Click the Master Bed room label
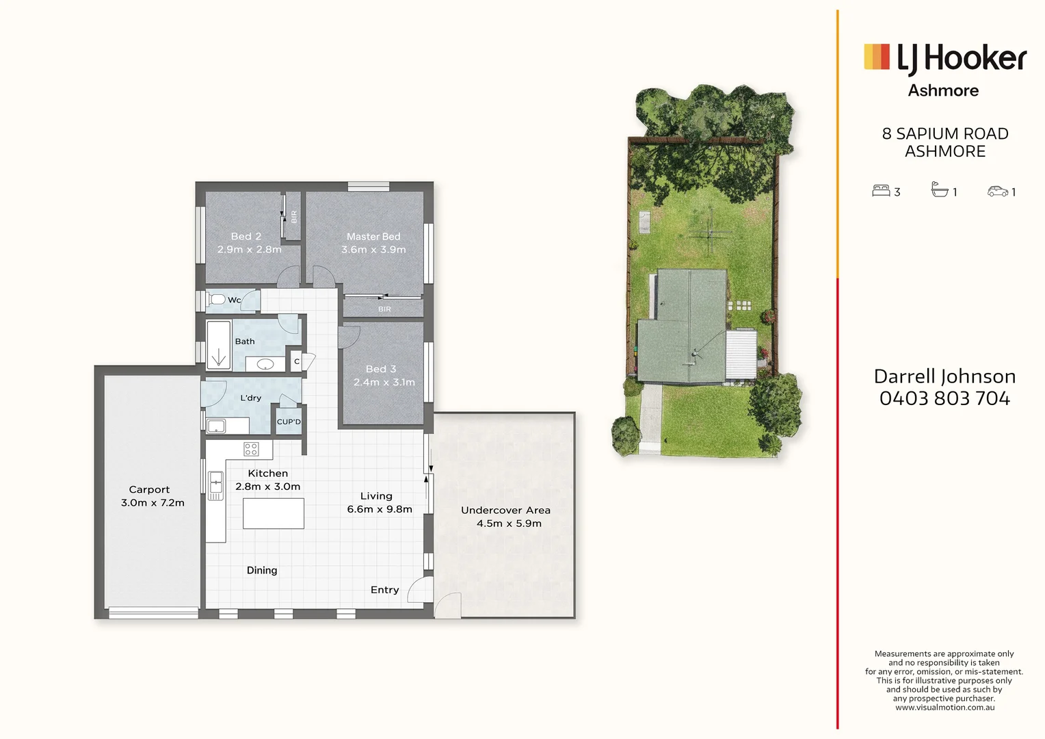pyautogui.click(x=373, y=237)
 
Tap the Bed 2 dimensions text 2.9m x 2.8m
pyautogui.click(x=249, y=250)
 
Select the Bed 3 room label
pyautogui.click(x=381, y=369)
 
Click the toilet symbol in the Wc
pyautogui.click(x=217, y=300)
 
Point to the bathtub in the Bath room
pyautogui.click(x=219, y=346)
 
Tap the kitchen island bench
pyautogui.click(x=274, y=513)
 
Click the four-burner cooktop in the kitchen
pyautogui.click(x=251, y=449)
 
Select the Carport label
pyautogui.click(x=149, y=489)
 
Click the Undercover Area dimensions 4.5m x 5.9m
pyautogui.click(x=509, y=523)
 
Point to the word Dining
pyautogui.click(x=262, y=570)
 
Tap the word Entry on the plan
pyautogui.click(x=384, y=590)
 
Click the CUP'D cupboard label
pyautogui.click(x=289, y=422)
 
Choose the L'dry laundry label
pyautogui.click(x=250, y=398)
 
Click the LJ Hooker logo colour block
pyautogui.click(x=877, y=57)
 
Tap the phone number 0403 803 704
pyautogui.click(x=944, y=398)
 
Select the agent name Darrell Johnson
pyautogui.click(x=944, y=376)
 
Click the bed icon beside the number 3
pyautogui.click(x=880, y=191)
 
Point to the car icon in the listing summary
pyautogui.click(x=998, y=192)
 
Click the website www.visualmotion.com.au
pyautogui.click(x=944, y=708)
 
